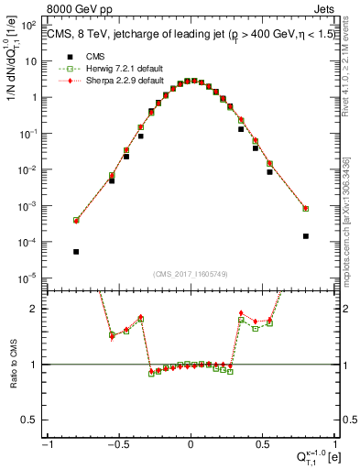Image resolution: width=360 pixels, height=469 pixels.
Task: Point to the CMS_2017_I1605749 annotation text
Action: (x=191, y=274)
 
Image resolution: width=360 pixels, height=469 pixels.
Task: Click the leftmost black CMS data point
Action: (x=76, y=251)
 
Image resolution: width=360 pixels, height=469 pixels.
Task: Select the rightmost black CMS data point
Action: (x=305, y=235)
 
